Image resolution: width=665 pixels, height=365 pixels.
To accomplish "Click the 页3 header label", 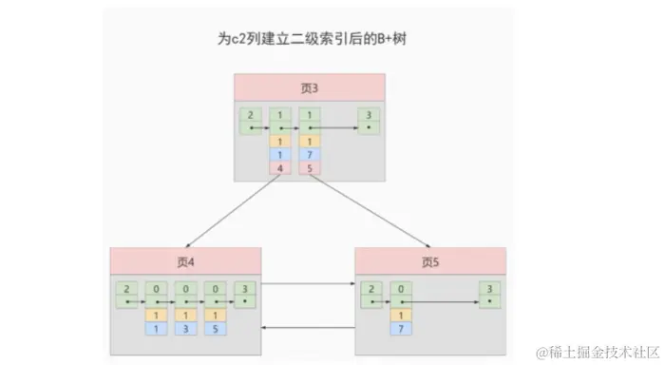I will [x=310, y=87].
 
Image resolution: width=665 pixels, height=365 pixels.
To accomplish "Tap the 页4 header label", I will [x=185, y=260].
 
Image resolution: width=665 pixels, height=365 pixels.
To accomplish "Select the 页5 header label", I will [x=430, y=260].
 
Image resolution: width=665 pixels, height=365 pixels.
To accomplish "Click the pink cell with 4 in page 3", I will [x=280, y=168].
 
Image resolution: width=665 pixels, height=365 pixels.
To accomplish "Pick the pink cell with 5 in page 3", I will [x=310, y=168].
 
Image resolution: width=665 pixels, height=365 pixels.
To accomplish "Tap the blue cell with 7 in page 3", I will [x=310, y=155].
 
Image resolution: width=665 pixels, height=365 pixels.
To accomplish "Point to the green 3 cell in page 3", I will [x=368, y=119].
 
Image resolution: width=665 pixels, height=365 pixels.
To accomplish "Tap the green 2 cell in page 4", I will [x=126, y=293].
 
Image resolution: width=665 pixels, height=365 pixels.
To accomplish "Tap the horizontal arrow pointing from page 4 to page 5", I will [x=308, y=284].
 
